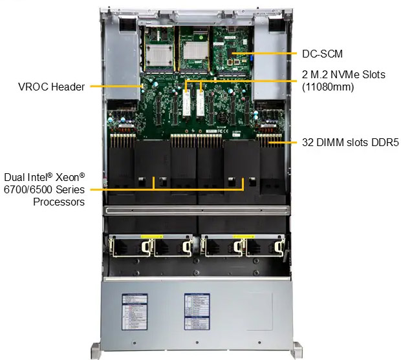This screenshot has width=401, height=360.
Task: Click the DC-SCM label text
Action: click(322, 54)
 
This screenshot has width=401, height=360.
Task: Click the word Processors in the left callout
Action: click(59, 202)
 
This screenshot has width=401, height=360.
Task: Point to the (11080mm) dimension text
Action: click(328, 87)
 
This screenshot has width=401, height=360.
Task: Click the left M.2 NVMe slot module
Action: click(186, 103)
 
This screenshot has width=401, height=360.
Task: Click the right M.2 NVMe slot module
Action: click(201, 103)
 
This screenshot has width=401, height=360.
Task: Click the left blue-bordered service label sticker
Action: click(135, 310)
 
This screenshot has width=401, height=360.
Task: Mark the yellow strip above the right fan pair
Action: click(243, 236)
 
